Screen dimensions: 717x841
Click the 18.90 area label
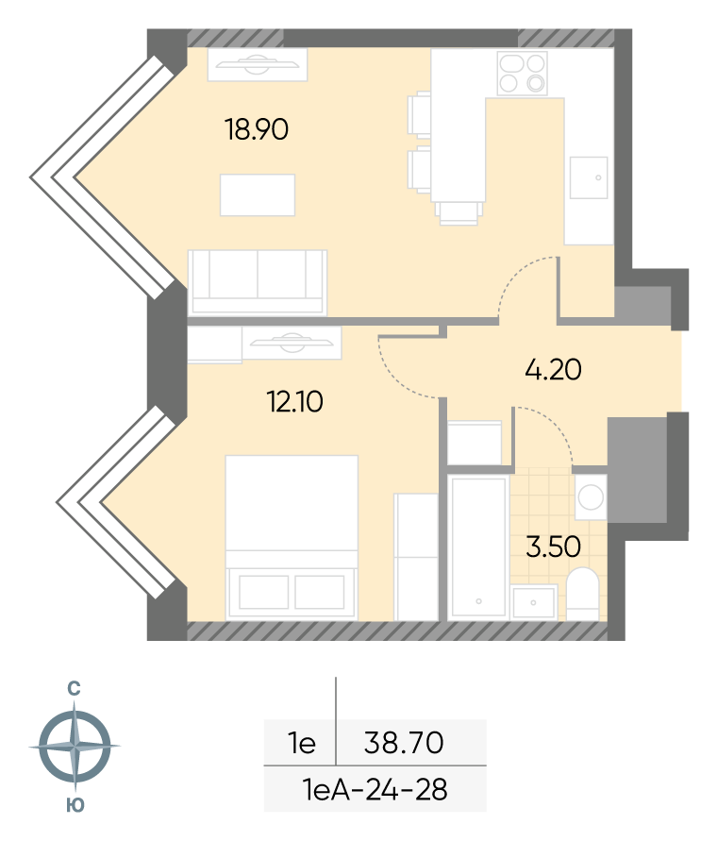click(257, 129)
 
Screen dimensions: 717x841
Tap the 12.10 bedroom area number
click(295, 401)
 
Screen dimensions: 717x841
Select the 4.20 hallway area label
click(553, 370)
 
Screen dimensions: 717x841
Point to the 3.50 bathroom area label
click(553, 547)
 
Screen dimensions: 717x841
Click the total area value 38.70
click(403, 743)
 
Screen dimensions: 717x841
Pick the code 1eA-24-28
click(375, 789)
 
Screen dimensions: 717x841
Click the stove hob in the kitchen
click(522, 73)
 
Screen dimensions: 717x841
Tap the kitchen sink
click(589, 177)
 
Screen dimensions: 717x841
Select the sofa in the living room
click(257, 282)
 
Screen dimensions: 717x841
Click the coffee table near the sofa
click(258, 194)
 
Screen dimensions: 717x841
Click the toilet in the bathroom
click(582, 595)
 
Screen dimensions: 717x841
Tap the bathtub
click(478, 547)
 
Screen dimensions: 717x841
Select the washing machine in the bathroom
click(591, 496)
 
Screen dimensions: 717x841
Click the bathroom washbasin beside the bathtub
click(533, 603)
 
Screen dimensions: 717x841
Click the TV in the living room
click(258, 65)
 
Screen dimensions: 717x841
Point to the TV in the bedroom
click(292, 343)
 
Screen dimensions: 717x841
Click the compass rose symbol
click(75, 746)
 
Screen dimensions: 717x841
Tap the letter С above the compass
click(74, 688)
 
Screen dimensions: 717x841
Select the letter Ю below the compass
click(75, 805)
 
